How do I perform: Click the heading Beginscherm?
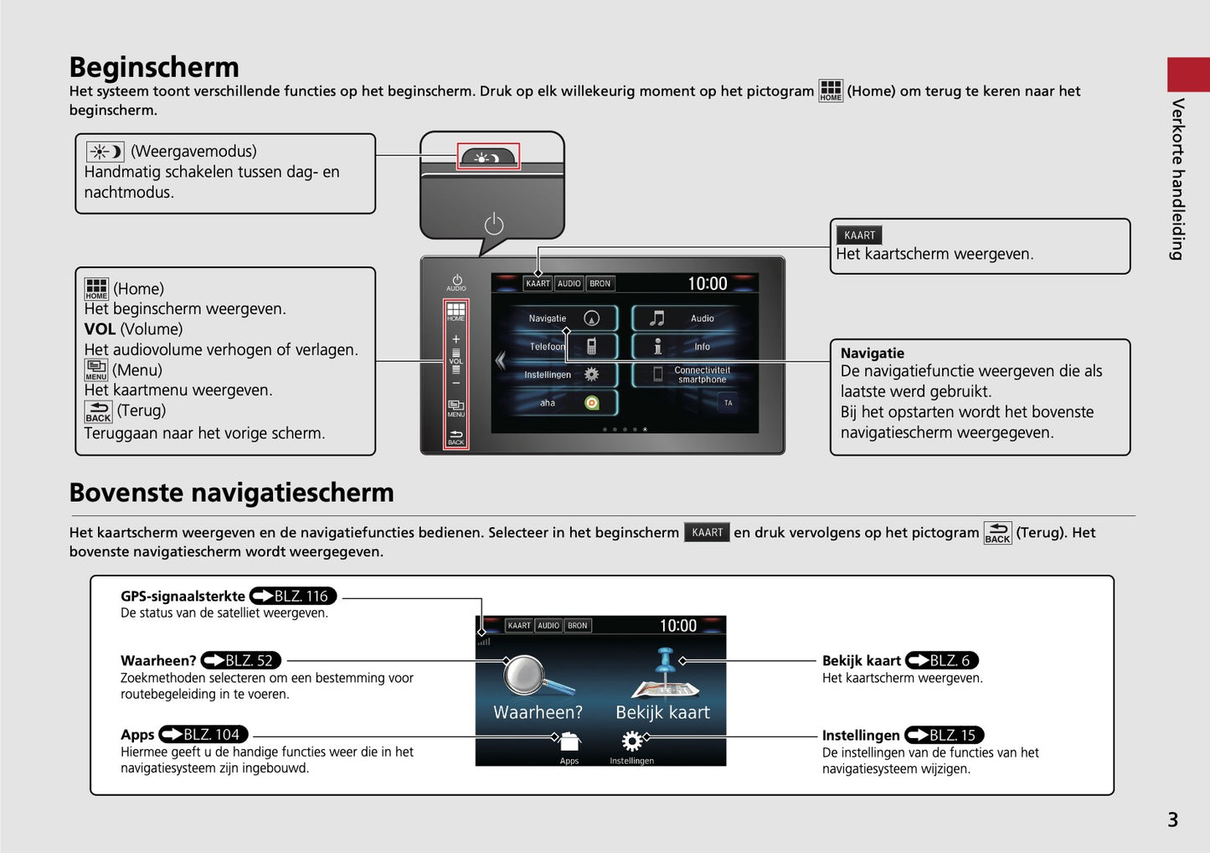tap(154, 68)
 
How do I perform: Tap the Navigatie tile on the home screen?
tap(563, 318)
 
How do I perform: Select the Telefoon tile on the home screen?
tap(563, 347)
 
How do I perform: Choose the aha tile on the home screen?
tap(563, 403)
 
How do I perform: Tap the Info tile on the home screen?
tap(686, 347)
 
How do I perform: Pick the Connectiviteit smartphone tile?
tap(686, 375)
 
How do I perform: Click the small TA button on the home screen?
tap(729, 403)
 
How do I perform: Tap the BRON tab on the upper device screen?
tap(600, 283)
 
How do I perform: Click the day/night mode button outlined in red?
tap(488, 156)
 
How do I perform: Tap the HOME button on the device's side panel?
tap(456, 313)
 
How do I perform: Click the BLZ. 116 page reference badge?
tap(293, 597)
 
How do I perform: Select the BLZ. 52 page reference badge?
tap(241, 660)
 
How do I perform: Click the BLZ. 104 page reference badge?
tap(203, 735)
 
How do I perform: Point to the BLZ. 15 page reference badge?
tap(945, 735)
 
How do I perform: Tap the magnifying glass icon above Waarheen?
tap(537, 675)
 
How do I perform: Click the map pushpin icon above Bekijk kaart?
tap(666, 674)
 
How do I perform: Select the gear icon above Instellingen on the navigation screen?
tap(631, 741)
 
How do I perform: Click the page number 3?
tap(1172, 820)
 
